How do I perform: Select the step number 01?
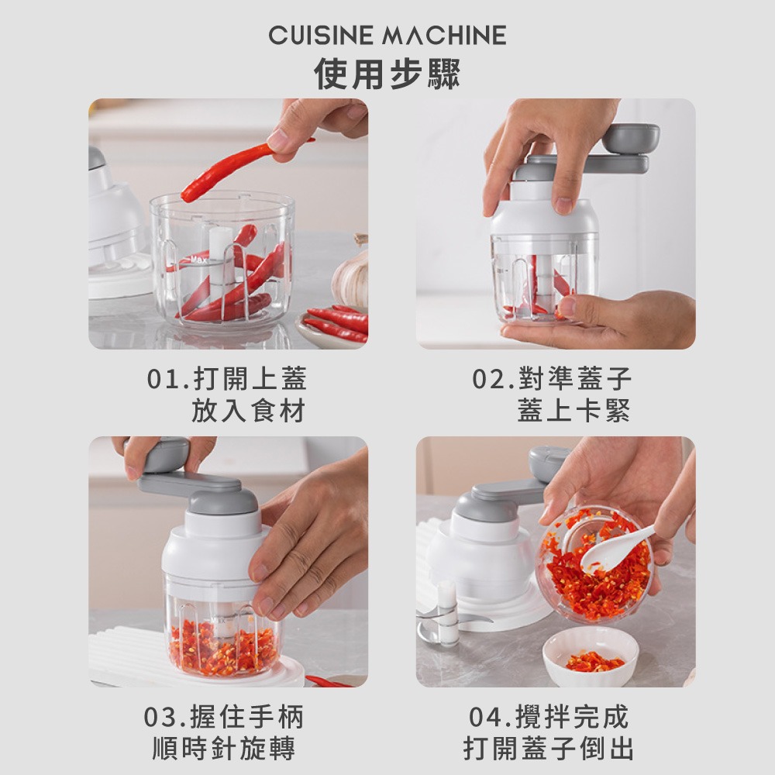[164, 380]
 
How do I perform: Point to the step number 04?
[488, 718]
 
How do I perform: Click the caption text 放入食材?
[249, 412]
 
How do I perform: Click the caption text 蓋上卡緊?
[573, 412]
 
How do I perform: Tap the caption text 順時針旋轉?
[224, 749]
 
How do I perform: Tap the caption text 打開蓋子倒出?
[549, 749]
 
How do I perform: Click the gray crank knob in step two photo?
[630, 138]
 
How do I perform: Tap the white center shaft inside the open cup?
[222, 252]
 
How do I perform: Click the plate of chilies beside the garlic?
[333, 325]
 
